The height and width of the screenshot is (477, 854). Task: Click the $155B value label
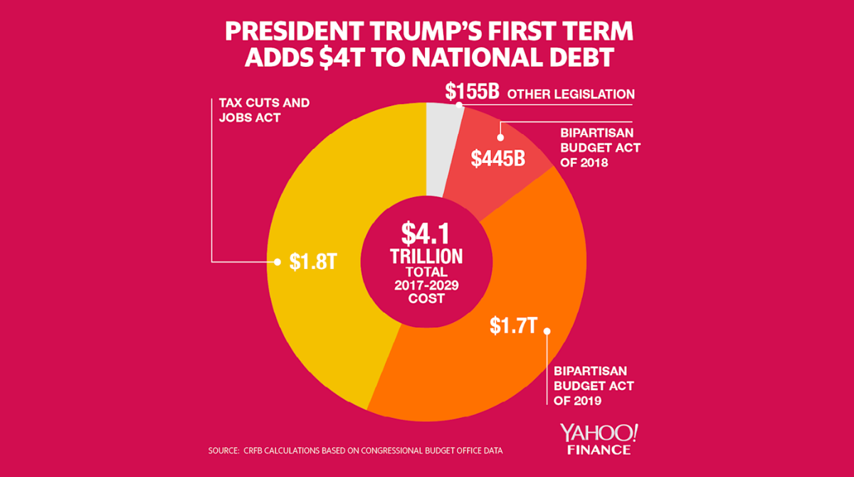472,93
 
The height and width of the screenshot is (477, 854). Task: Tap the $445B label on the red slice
498,157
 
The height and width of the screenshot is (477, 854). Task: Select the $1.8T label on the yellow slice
312,262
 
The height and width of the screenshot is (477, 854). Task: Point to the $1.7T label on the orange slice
512,326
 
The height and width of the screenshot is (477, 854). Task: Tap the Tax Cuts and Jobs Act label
263,110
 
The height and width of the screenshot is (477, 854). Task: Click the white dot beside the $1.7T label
547,331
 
